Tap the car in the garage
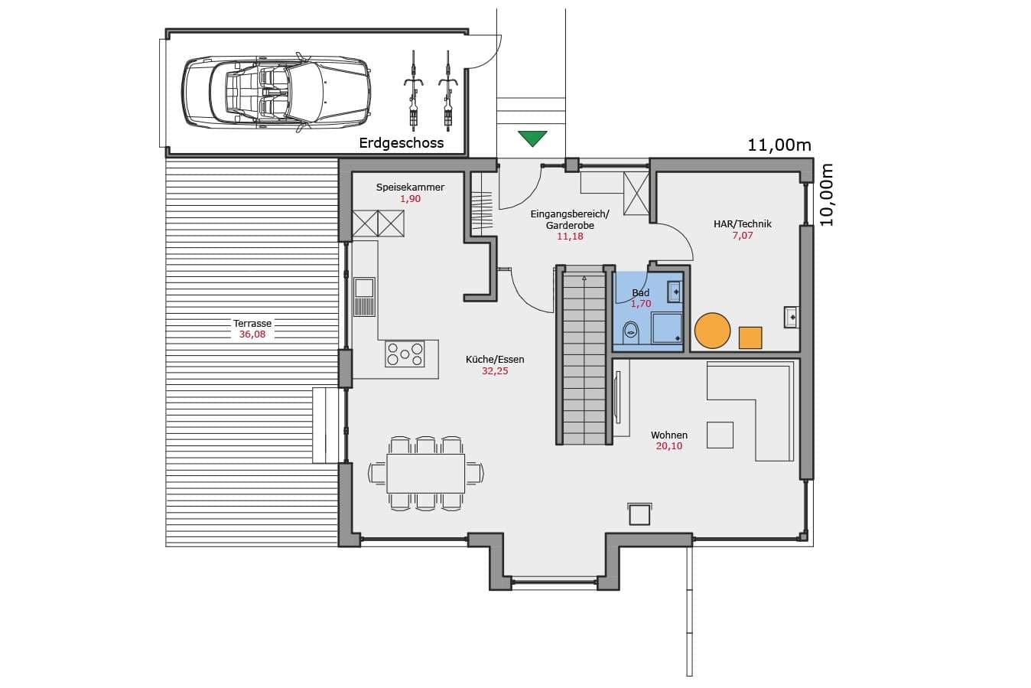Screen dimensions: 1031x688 point(276,92)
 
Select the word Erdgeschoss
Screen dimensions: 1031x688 point(402,143)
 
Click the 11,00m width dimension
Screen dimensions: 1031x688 point(779,145)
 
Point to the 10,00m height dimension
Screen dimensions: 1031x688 point(827,194)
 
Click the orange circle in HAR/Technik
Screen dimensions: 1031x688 point(713,330)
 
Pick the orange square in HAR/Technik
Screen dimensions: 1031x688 point(750,337)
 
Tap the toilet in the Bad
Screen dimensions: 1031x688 point(631,332)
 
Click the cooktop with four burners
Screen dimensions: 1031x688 point(405,354)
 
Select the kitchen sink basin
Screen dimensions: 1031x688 point(363,288)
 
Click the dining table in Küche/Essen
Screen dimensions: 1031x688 point(426,474)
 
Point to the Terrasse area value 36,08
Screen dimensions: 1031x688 point(252,334)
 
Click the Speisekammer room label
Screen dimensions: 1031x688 point(410,187)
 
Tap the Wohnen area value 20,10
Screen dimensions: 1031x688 point(669,445)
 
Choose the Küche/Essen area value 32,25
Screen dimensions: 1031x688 point(496,370)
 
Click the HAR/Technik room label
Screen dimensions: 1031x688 point(743,223)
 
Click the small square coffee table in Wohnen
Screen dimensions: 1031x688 point(720,435)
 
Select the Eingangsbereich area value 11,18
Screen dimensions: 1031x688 point(571,236)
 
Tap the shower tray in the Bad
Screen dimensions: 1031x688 point(667,328)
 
